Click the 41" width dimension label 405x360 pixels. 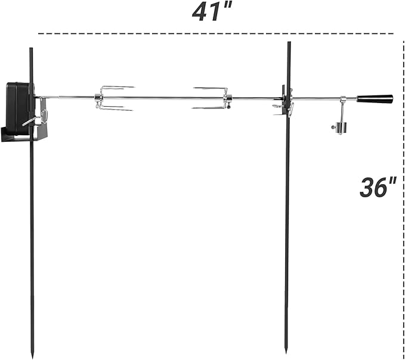(212, 12)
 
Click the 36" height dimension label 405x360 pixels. (378, 187)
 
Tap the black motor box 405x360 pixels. (18, 108)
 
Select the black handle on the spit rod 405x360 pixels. (375, 98)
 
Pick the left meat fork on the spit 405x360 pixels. (115, 98)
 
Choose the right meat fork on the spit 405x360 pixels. (212, 98)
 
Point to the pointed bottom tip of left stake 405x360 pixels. (32, 358)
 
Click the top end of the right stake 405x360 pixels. (289, 42)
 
